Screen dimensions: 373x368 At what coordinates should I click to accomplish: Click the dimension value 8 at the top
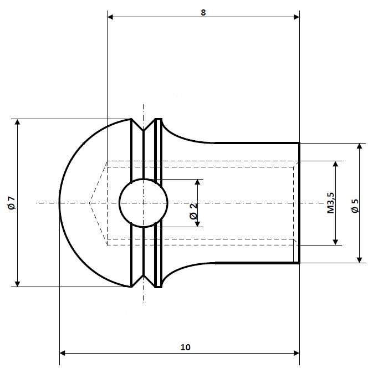[x=203, y=12]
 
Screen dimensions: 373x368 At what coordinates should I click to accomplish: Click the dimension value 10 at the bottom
[x=185, y=348]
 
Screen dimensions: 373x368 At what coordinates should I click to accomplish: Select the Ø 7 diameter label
[x=12, y=203]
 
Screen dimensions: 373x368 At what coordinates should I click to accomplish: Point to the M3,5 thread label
[x=330, y=203]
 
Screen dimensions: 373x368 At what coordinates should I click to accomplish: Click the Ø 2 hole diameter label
[x=193, y=211]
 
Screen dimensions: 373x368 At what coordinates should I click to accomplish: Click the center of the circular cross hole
[x=144, y=203]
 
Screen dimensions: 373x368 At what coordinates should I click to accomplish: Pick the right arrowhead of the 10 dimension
[x=295, y=353]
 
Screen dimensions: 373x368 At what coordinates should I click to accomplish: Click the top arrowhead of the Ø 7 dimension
[x=18, y=122]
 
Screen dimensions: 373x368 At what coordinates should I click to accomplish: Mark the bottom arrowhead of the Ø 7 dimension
[x=18, y=283]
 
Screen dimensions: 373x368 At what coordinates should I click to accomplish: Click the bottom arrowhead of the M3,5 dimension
[x=335, y=241]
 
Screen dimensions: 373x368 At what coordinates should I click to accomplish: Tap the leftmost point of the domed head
[x=59, y=203]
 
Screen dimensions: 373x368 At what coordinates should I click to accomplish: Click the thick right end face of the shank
[x=299, y=203]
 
